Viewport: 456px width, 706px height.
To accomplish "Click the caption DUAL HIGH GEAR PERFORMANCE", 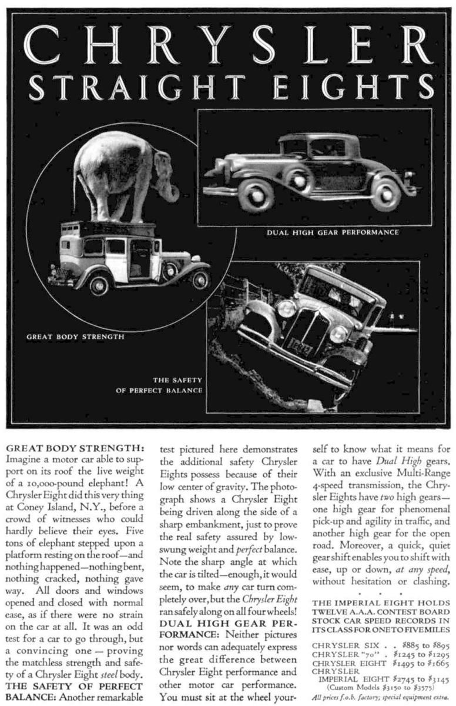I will (333, 232).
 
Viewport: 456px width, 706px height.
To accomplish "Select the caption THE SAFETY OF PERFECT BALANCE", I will (160, 385).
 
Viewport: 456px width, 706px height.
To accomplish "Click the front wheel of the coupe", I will (257, 195).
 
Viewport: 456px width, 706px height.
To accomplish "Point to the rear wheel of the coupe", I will (386, 195).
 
